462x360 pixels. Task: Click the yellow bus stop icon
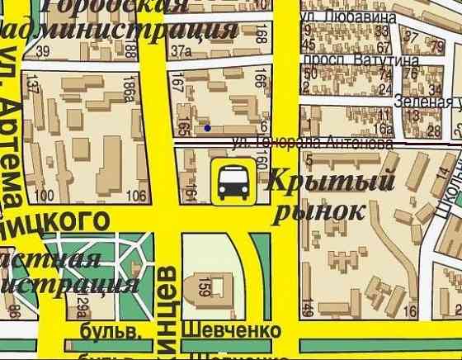click(x=232, y=182)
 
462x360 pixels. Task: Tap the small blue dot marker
click(x=207, y=127)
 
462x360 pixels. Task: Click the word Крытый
click(x=332, y=180)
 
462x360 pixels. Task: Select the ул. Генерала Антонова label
click(x=313, y=143)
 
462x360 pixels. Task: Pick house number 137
click(x=34, y=85)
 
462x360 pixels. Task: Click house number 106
click(x=137, y=195)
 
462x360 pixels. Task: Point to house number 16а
click(x=383, y=128)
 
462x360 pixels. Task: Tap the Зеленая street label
click(x=427, y=102)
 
